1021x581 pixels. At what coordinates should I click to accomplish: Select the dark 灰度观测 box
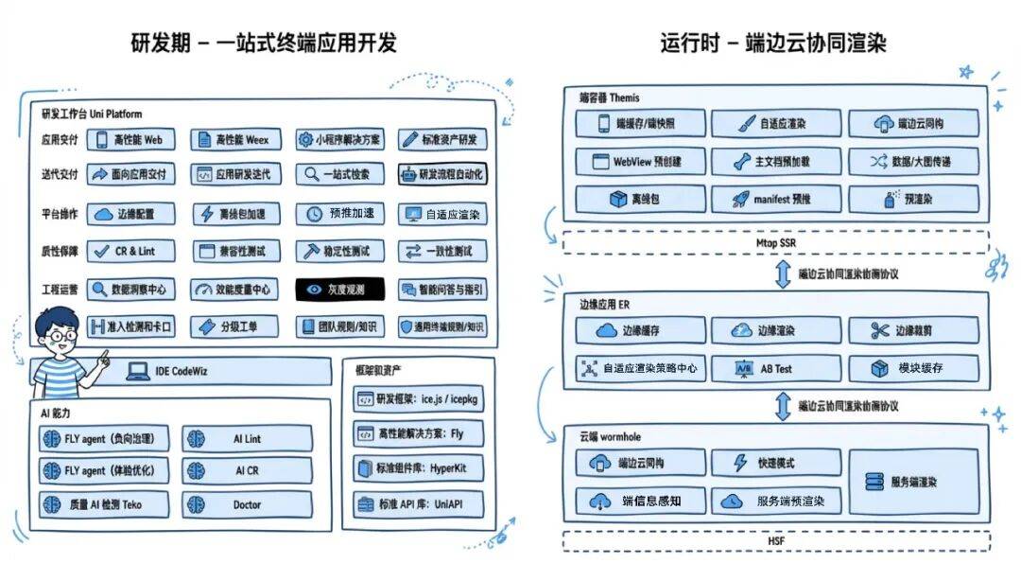[x=339, y=290]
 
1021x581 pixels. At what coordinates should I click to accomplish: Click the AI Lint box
[x=247, y=438]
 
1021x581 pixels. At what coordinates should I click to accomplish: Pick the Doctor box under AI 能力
[x=247, y=503]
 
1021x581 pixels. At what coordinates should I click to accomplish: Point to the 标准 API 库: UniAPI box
[x=417, y=503]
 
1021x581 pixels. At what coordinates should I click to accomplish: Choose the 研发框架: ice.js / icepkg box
[x=417, y=399]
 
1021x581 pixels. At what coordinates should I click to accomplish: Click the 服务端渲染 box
[x=912, y=482]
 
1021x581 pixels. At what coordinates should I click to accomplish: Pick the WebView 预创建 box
[x=640, y=162]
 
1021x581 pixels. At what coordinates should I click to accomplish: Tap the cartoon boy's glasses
[x=62, y=335]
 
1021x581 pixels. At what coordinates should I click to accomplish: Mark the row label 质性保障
[x=61, y=252]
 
